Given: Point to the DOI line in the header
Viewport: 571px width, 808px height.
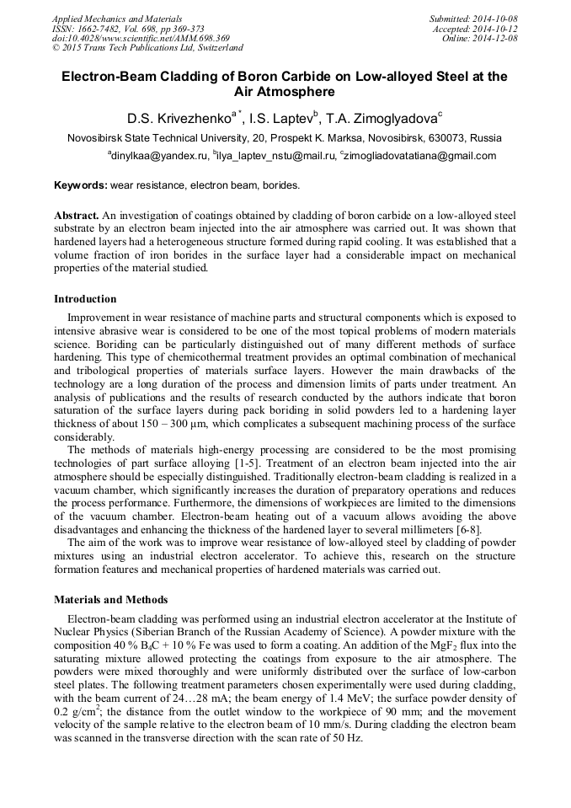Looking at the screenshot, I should [141, 39].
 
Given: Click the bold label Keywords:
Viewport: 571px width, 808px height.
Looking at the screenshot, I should [80, 185].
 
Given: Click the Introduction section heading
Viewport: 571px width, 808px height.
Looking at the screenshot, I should [85, 299].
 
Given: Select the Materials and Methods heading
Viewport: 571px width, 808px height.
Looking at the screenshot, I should [110, 600].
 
